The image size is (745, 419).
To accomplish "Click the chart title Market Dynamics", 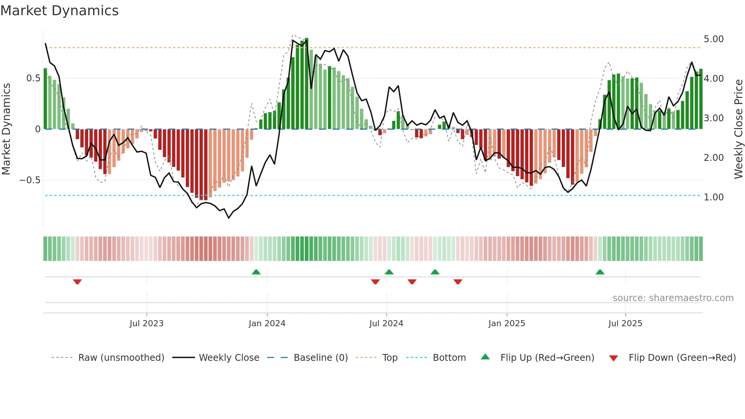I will [x=60, y=11].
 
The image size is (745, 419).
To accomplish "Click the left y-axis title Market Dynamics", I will [x=6, y=129].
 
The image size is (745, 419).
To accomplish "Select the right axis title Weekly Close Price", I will [x=738, y=129].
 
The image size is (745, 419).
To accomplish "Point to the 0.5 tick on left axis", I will [x=33, y=78].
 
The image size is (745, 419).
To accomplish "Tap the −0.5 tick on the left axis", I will [x=30, y=180].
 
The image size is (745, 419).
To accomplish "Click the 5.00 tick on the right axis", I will [x=713, y=39].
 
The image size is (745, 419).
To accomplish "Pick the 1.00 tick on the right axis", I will [x=713, y=197].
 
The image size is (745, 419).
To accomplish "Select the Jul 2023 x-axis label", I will [x=146, y=324].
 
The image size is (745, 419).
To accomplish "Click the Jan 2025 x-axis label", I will [x=506, y=324].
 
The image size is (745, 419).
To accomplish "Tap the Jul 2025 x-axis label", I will [x=625, y=324].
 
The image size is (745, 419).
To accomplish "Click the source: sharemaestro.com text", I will [x=673, y=298].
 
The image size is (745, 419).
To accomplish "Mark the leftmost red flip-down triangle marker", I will [x=77, y=282].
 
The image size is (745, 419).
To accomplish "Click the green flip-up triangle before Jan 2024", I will [x=256, y=272].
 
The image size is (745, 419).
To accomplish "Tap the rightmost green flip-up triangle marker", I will [x=600, y=272].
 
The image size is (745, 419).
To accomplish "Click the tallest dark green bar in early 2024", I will [x=306, y=84].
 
